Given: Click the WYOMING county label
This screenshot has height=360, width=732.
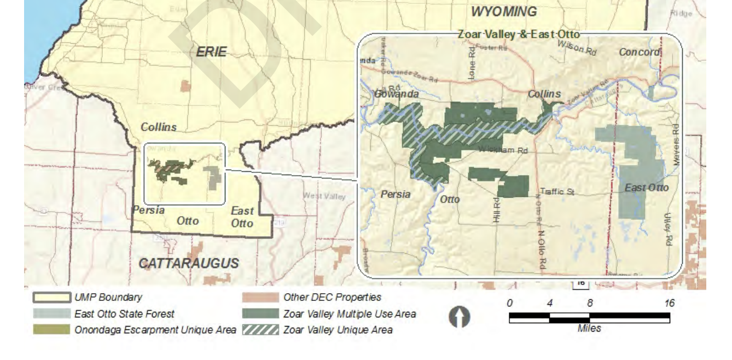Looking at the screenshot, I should [503, 11].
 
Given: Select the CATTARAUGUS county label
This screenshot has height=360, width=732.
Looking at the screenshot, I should [188, 263].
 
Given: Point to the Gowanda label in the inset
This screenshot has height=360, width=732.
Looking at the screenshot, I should [396, 94].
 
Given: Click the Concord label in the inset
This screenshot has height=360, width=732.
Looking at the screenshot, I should [640, 52].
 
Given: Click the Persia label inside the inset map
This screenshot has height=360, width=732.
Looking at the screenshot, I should [396, 194].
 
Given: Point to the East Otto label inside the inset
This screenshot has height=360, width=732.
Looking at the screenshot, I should [647, 188].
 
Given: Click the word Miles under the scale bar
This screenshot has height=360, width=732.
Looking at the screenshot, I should [589, 328].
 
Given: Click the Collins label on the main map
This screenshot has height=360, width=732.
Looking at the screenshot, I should [159, 127].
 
